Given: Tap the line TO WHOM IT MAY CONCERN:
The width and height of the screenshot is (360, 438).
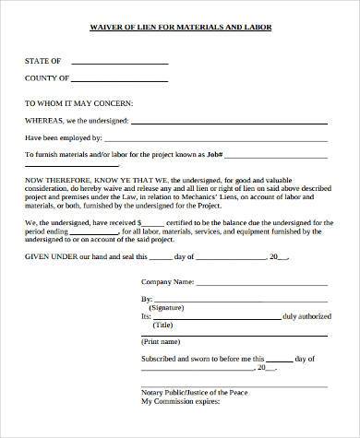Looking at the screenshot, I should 79,103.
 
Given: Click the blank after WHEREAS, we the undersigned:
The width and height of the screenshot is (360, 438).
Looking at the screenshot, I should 230,120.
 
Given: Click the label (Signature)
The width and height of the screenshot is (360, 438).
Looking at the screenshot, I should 166,308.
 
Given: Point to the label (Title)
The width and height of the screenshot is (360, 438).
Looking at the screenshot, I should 163,325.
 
